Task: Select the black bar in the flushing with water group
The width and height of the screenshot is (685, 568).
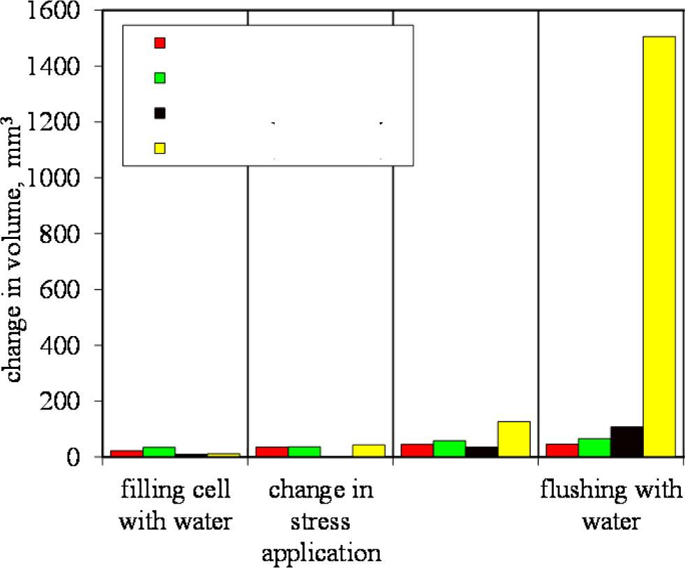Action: coord(626,442)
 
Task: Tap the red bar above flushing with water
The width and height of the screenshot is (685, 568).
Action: coord(561,451)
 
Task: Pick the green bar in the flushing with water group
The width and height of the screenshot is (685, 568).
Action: coord(594,448)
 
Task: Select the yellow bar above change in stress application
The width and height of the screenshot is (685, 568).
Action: coord(368,451)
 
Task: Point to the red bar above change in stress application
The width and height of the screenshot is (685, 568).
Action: coord(272,451)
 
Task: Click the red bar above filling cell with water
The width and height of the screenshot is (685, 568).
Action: coord(126,453)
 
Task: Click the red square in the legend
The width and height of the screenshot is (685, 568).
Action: coord(160,43)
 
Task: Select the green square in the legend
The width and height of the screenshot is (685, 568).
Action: coord(160,78)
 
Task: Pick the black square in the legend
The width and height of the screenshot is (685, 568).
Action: coord(160,113)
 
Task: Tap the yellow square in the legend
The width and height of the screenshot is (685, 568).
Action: coord(160,148)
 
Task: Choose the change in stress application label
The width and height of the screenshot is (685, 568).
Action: coord(321,522)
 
